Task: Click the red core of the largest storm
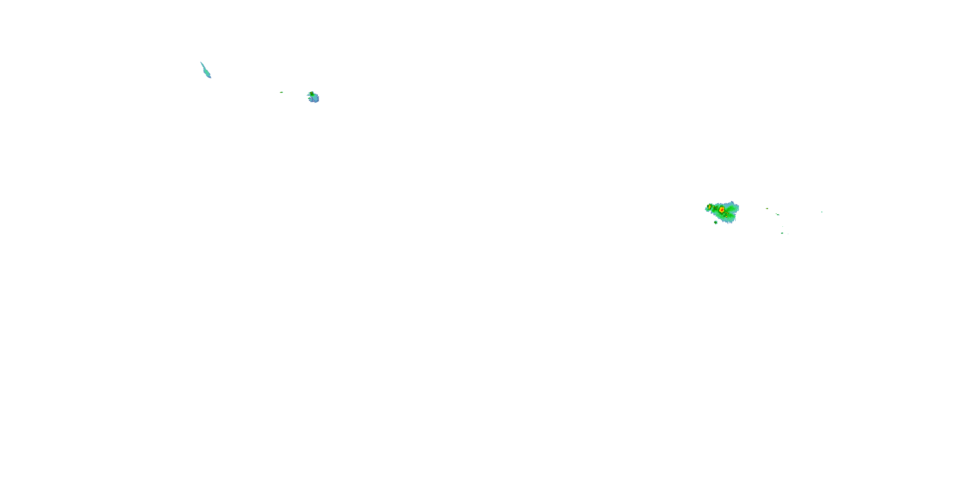point(721,210)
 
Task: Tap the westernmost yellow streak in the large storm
point(710,206)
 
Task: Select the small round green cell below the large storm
point(716,222)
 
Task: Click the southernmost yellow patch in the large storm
point(727,217)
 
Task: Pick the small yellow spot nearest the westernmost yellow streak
point(712,208)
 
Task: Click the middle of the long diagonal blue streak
point(206,70)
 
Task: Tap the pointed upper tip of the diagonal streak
point(201,62)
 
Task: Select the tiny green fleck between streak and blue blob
point(282,92)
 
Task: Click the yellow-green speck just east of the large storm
point(767,208)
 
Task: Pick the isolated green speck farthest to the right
point(822,212)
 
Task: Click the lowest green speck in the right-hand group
point(782,233)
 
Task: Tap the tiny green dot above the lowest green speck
point(783,227)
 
